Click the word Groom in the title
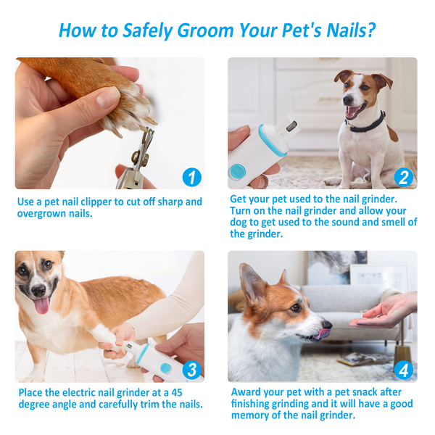point(205,30)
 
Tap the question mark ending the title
point(370,30)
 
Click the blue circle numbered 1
point(191,178)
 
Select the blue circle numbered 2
point(404,178)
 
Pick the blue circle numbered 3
point(191,370)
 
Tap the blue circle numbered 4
point(404,370)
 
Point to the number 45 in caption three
point(177,392)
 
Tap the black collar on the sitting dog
point(366,124)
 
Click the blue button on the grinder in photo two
point(236,171)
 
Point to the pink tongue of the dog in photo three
point(42,305)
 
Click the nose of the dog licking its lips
point(327,325)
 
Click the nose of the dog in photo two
point(348,100)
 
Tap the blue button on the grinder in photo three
point(165,368)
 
